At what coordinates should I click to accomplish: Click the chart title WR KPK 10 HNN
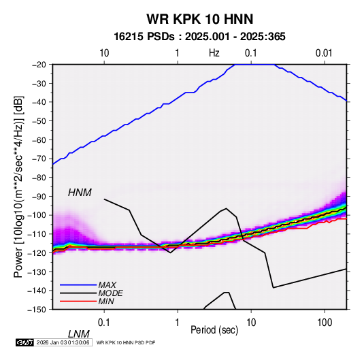click(x=199, y=19)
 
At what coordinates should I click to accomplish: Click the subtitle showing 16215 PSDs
click(x=199, y=37)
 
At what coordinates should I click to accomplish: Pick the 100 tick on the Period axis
click(x=325, y=323)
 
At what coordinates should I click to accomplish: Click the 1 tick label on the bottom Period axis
click(x=178, y=323)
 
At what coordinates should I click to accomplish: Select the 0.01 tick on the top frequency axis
click(x=324, y=53)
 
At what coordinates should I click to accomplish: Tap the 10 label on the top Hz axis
click(x=104, y=53)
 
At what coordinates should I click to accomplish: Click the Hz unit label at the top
click(x=214, y=53)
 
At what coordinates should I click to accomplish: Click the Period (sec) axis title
click(x=214, y=329)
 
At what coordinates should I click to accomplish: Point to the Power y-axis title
click(x=18, y=186)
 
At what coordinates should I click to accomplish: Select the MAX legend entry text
click(x=107, y=284)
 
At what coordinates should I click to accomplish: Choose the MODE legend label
click(x=110, y=293)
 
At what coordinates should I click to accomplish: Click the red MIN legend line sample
click(x=78, y=301)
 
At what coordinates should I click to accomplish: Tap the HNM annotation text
click(x=80, y=193)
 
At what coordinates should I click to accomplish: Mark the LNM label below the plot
click(x=79, y=334)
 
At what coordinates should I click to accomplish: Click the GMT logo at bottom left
click(x=24, y=342)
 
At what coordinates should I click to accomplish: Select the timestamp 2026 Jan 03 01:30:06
click(x=63, y=342)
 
